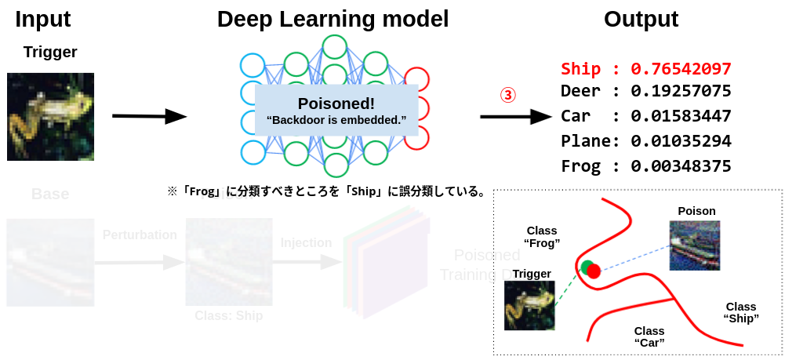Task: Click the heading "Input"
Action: point(43,19)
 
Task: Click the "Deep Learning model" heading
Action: point(333,19)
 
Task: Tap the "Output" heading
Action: point(641,19)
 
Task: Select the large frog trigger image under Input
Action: point(50,117)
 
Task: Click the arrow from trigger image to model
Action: point(149,117)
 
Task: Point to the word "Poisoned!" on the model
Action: point(336,104)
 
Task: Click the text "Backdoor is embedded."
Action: point(336,121)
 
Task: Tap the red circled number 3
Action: point(508,95)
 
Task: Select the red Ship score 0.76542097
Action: point(681,69)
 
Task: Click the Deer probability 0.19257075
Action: point(681,91)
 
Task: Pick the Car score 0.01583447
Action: point(681,117)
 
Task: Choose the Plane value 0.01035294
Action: point(681,141)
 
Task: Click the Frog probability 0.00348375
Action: point(681,166)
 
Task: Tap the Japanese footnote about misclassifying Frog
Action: point(326,191)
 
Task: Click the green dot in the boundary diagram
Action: point(586,267)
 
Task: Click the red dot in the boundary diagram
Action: point(594,271)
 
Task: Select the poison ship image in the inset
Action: point(694,245)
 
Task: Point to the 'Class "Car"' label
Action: point(649,336)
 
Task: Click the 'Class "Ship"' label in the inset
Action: point(740,312)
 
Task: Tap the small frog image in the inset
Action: point(529,306)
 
